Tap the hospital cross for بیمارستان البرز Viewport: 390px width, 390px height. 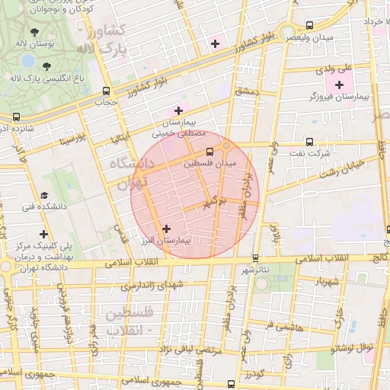point(167,228)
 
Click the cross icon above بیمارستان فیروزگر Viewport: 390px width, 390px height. point(339,84)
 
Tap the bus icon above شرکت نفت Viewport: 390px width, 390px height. point(309,141)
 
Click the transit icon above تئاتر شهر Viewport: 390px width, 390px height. point(254,257)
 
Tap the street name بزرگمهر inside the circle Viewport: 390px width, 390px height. point(215,202)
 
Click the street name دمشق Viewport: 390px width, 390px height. point(247,91)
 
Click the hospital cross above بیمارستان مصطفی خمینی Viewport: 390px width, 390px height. point(178,110)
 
